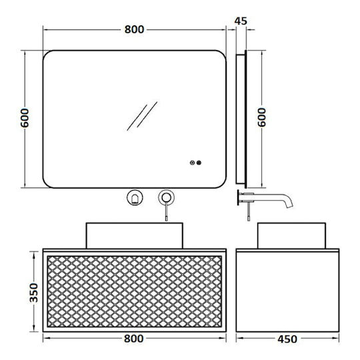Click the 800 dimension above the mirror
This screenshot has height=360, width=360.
point(134,29)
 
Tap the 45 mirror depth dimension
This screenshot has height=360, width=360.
point(241,21)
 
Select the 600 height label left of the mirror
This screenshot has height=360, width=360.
point(25,118)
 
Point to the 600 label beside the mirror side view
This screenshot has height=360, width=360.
point(261,117)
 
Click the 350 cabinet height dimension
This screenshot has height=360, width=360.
point(34,293)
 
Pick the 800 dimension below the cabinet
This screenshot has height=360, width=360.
point(133,339)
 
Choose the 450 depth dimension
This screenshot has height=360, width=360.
point(287,339)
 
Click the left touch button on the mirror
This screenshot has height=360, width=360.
point(193,163)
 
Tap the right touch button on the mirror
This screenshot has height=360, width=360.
point(199,163)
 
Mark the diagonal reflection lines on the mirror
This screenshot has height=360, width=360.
point(142,116)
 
